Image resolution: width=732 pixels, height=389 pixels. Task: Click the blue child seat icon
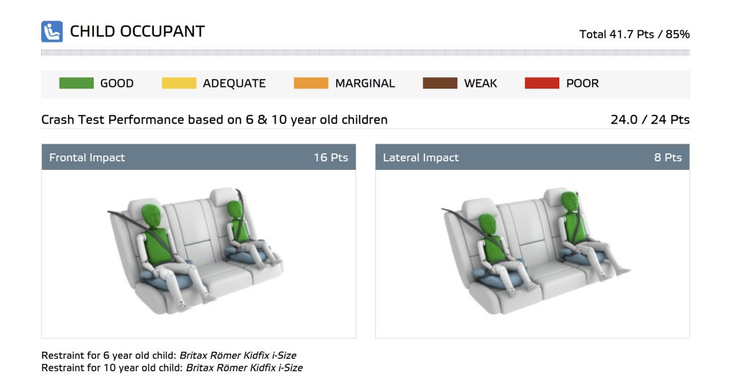pos(52,31)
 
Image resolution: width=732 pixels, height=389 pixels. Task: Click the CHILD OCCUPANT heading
pos(137,31)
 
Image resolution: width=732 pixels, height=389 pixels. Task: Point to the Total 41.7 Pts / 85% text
pos(634,34)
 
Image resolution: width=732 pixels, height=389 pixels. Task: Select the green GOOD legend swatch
pos(77,83)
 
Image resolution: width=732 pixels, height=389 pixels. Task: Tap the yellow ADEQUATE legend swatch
pos(179,83)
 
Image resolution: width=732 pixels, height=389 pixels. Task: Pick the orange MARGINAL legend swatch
pos(311,83)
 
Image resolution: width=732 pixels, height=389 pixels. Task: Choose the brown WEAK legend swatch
pos(440,83)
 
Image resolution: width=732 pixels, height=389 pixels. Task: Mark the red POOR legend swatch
pos(542,83)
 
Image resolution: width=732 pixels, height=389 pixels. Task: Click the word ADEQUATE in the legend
pos(234,84)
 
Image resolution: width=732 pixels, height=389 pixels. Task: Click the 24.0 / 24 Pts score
pos(650,120)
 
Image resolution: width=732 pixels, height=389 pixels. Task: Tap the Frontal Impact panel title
pos(87,157)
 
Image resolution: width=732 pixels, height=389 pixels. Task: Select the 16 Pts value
pos(331,157)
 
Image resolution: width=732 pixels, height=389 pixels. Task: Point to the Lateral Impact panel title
pos(421,157)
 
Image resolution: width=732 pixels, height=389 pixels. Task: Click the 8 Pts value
pos(668,157)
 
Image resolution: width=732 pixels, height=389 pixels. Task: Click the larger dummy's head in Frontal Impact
pos(152,216)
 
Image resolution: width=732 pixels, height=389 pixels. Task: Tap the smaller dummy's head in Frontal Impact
pos(234,209)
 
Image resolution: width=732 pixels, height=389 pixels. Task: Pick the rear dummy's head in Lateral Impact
pos(570,201)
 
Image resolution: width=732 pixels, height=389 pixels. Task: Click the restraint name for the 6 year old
pos(238,355)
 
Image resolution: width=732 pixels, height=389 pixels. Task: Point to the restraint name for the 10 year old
pos(244,368)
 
